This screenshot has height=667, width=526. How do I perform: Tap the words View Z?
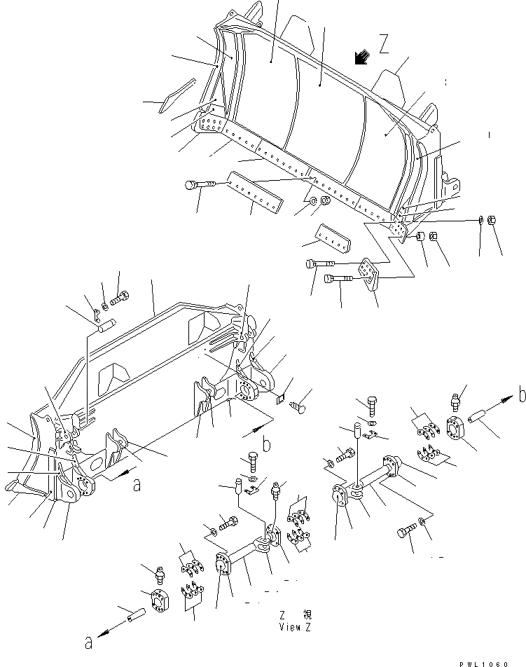tap(294, 627)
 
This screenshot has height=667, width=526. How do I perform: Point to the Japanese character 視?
tap(307, 614)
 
